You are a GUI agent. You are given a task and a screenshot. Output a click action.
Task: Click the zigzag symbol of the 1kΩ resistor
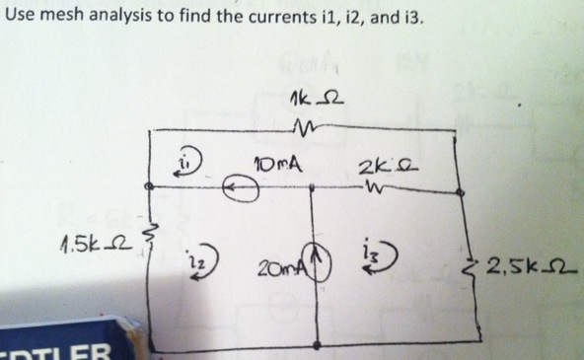pyautogui.click(x=303, y=126)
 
